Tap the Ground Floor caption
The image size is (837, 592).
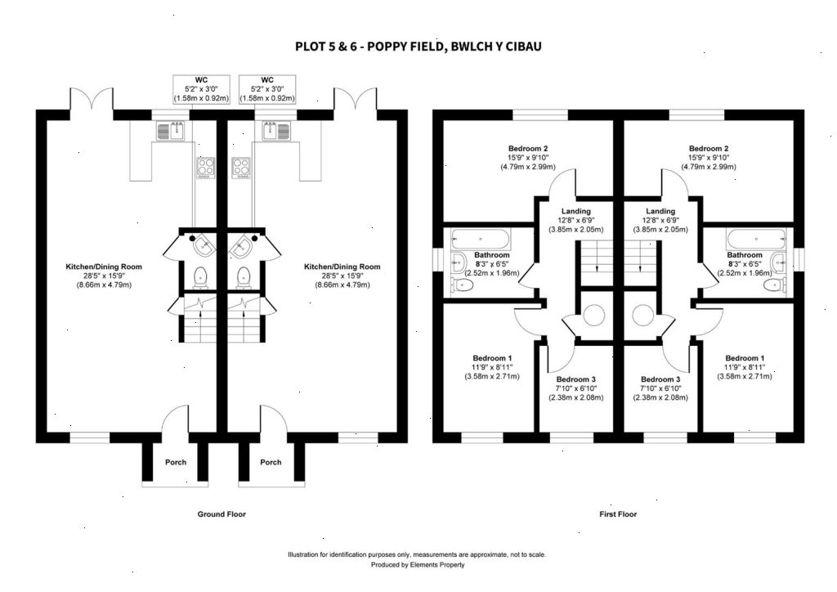(x=222, y=514)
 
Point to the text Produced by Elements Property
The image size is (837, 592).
(x=418, y=564)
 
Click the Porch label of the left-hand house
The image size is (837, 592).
(x=176, y=462)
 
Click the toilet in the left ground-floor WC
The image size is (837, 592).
(x=199, y=278)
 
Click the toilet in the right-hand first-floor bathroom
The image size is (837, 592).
(x=780, y=285)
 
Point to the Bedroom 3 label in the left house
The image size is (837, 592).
(x=576, y=379)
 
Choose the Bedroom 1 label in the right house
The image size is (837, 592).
(x=745, y=358)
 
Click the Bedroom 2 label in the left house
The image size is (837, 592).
(x=527, y=148)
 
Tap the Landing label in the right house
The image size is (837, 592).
(x=660, y=211)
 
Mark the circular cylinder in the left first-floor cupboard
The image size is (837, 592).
(x=594, y=314)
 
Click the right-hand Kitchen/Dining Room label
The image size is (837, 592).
(x=342, y=267)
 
